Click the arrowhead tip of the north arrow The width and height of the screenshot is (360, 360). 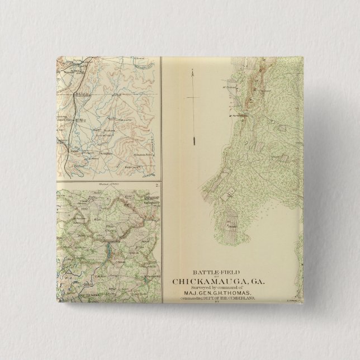(191, 69)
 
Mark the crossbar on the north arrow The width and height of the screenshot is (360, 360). (191, 98)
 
